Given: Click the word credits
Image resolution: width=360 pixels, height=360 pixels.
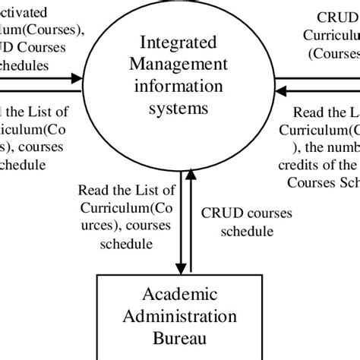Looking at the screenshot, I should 304,166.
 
